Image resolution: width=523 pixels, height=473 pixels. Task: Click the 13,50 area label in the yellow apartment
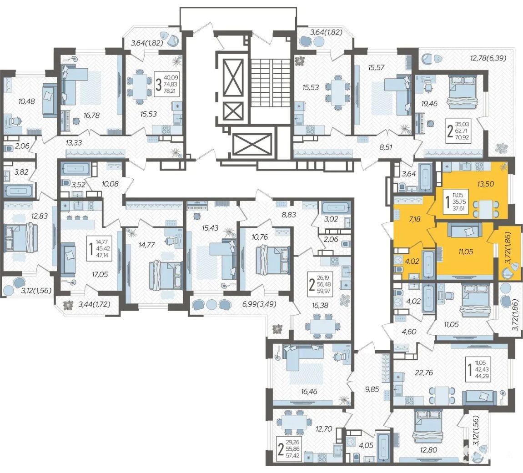485,184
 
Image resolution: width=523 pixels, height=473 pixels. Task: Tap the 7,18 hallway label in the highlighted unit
414,219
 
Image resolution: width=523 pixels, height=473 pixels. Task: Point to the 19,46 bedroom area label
429,104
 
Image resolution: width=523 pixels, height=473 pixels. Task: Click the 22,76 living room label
423,372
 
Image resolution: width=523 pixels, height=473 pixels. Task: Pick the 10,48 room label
27,101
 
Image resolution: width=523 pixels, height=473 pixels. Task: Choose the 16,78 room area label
92,116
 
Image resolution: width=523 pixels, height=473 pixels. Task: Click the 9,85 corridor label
372,389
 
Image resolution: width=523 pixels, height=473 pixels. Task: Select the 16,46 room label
309,392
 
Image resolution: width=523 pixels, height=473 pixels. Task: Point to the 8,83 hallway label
289,215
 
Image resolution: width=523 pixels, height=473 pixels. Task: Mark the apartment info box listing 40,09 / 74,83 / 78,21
167,85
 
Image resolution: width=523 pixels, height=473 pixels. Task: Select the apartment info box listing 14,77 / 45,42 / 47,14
99,248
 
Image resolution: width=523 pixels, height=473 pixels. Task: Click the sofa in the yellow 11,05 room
465,230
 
